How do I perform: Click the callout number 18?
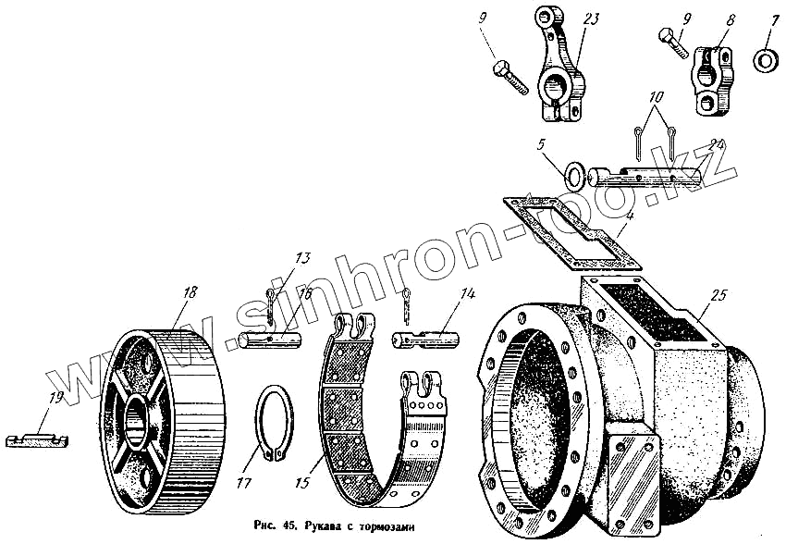[x=190, y=292]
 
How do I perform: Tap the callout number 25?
[x=719, y=296]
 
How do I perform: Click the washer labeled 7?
[x=766, y=62]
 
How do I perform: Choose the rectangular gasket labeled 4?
[x=569, y=228]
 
